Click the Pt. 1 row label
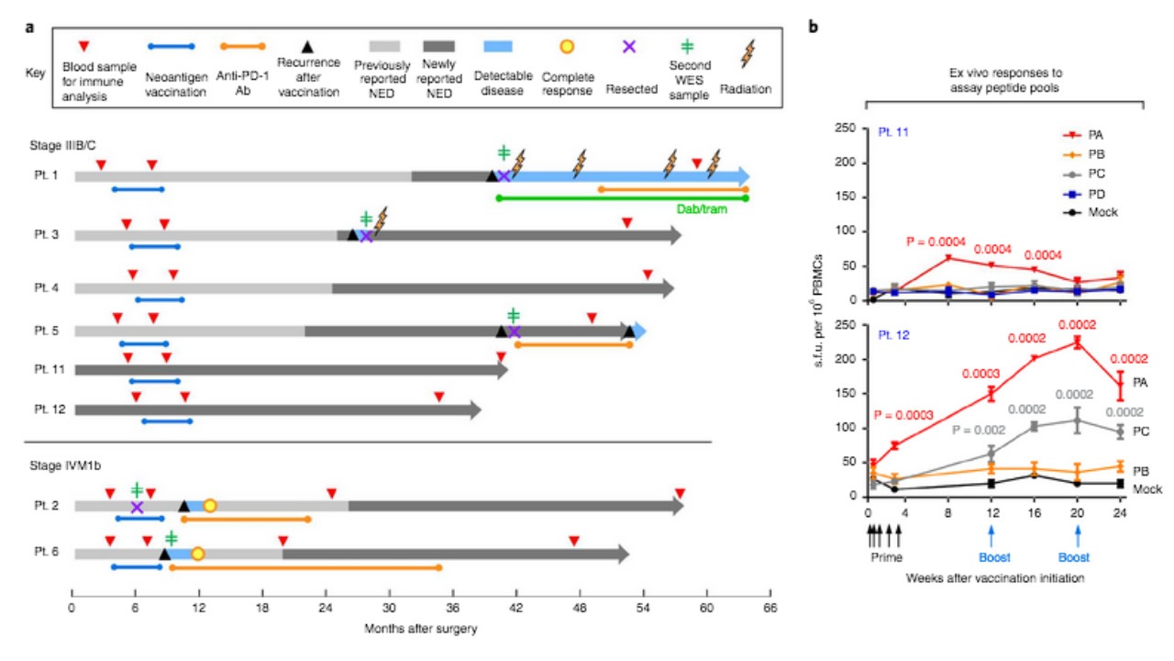[x=45, y=176]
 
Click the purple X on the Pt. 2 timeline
[x=137, y=507]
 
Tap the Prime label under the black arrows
[x=885, y=556]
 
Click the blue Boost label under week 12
[x=991, y=556]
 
